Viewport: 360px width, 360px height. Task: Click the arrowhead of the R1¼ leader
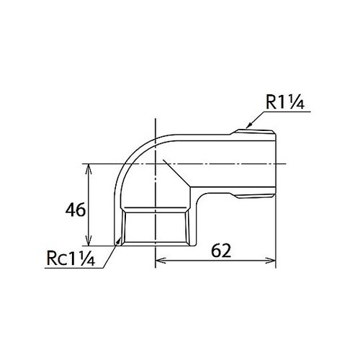pos(245,128)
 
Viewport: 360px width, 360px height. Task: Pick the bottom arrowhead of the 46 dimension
pos(89,242)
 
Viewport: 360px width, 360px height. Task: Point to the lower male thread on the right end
pos(256,196)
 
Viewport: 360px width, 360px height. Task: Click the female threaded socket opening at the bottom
pos(155,227)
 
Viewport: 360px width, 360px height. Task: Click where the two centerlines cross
pos(155,164)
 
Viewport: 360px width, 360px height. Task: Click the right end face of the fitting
pos(276,164)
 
